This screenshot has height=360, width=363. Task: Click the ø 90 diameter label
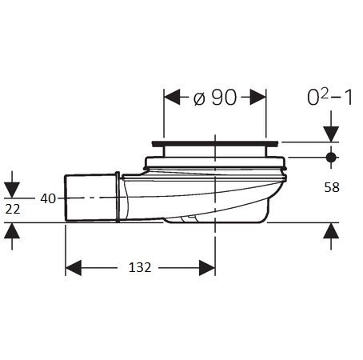(x=215, y=98)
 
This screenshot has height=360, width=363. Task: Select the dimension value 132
(x=140, y=267)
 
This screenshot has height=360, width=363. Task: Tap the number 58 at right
(x=332, y=187)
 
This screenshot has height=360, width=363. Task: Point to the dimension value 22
(x=13, y=210)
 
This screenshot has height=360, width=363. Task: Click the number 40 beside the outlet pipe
(x=48, y=198)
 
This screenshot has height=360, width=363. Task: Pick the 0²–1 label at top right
(x=330, y=98)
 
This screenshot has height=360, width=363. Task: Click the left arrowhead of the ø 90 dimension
(x=172, y=97)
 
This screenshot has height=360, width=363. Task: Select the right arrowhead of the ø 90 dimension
(x=258, y=97)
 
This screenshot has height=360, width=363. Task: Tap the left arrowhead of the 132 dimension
(x=74, y=268)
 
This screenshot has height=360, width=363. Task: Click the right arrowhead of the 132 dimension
(x=207, y=268)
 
